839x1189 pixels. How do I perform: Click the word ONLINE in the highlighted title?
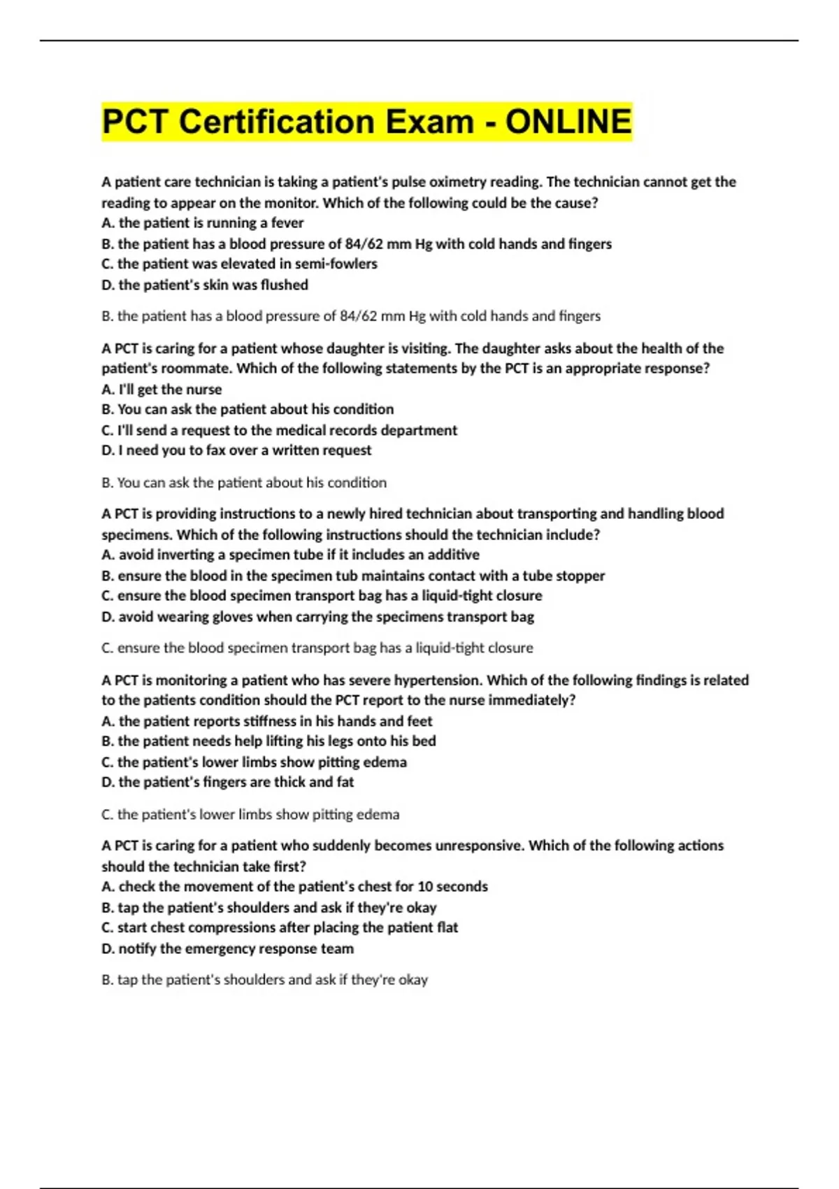coord(568,122)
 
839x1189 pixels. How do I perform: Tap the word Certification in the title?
coord(276,122)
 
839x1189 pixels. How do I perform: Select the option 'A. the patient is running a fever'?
coord(203,223)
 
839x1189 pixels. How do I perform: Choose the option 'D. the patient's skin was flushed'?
coord(205,285)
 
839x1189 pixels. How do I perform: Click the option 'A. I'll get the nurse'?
coord(162,390)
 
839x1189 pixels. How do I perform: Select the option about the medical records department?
coord(280,430)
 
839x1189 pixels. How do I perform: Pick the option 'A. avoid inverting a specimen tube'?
coord(291,555)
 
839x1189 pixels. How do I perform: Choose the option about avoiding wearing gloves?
coord(318,617)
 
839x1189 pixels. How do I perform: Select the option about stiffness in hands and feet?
coord(267,721)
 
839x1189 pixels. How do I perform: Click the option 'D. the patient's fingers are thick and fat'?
coord(228,782)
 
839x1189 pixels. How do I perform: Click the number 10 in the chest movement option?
coord(426,887)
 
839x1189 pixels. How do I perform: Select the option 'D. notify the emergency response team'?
coord(228,949)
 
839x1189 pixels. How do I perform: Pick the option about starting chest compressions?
coord(280,927)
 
